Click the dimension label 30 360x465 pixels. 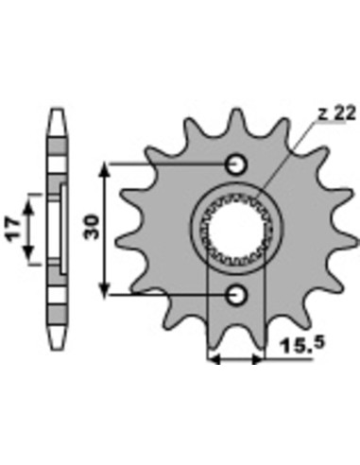point(92,227)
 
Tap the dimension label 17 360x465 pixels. point(13,229)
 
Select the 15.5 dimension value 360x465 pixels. point(302,345)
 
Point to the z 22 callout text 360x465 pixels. point(336,113)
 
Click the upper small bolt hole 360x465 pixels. point(236,164)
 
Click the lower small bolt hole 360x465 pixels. point(236,295)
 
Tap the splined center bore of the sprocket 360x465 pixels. point(234,230)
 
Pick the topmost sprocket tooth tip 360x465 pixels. point(235,110)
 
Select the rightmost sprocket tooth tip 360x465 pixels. point(357,241)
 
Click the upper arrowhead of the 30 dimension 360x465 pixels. point(104,170)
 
